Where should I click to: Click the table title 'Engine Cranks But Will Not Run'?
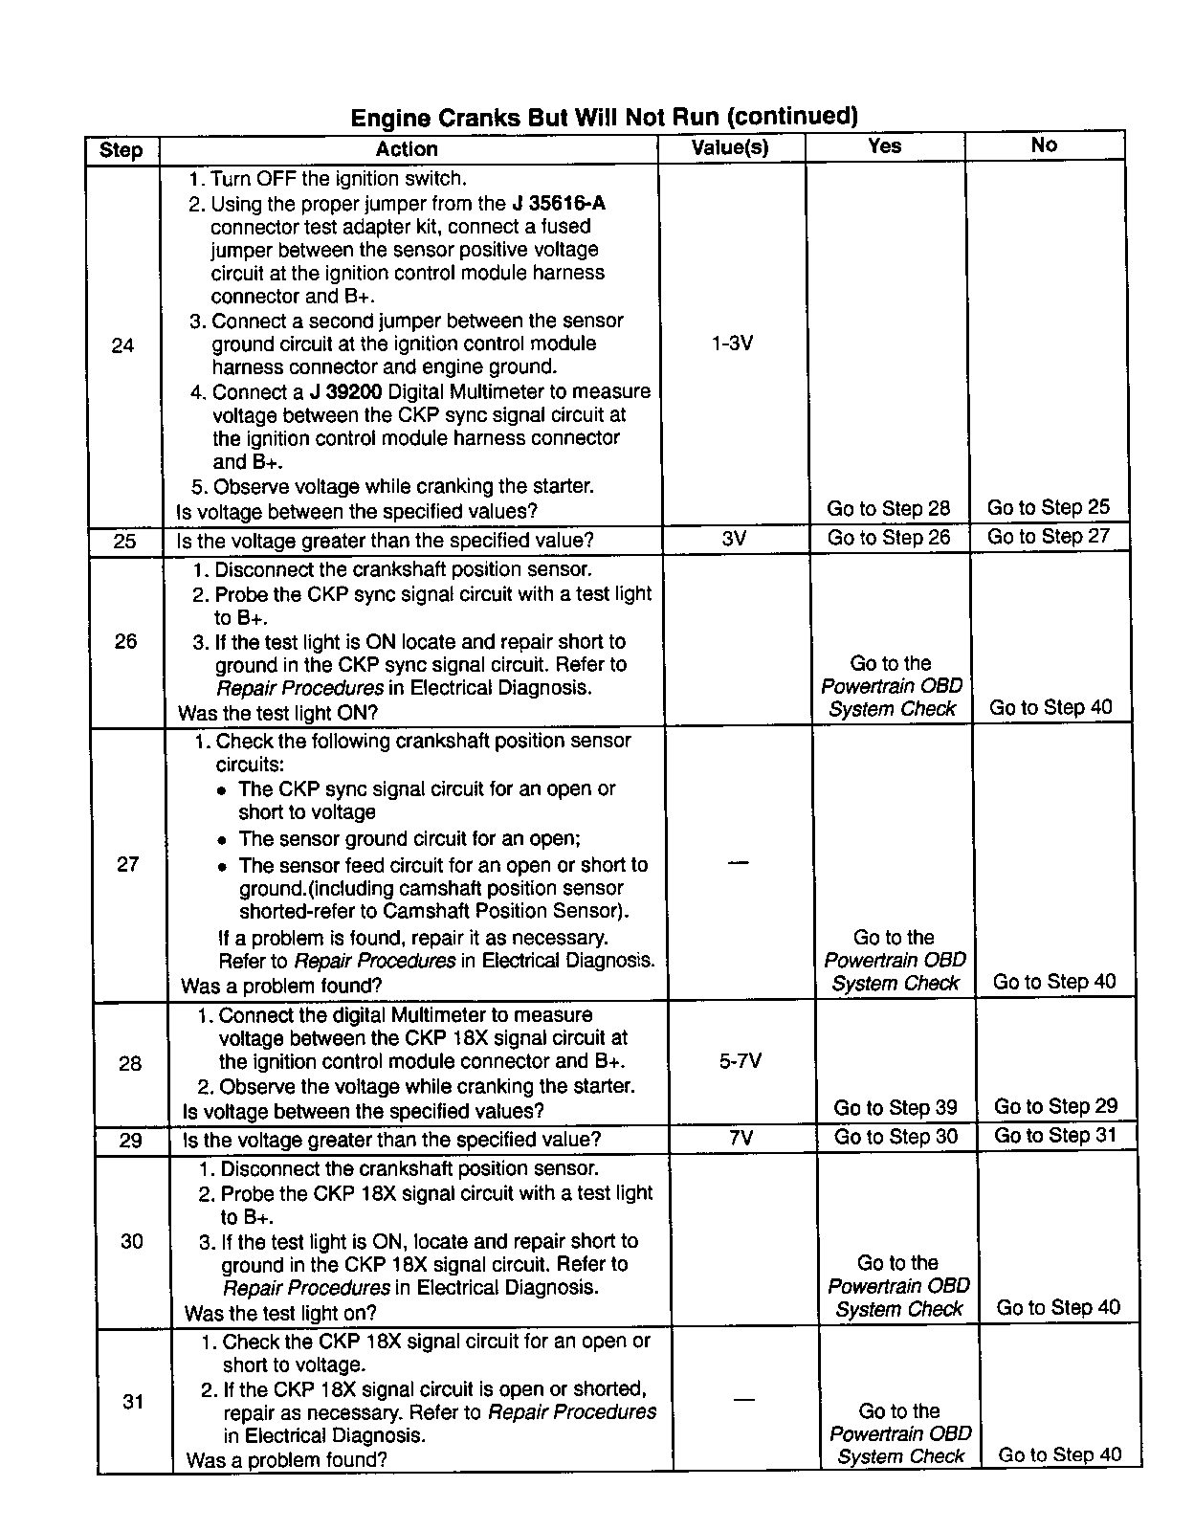[x=604, y=117]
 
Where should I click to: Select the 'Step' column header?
[x=121, y=150]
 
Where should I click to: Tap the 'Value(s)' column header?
[x=730, y=148]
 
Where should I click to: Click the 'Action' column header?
[x=407, y=149]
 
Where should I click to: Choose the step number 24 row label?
[x=122, y=345]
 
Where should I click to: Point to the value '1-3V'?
[x=732, y=343]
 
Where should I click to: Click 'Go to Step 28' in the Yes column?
[x=888, y=508]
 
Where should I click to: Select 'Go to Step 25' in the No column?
[x=1048, y=507]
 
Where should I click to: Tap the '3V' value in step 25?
[x=734, y=539]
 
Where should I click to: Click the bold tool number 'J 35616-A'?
[x=559, y=203]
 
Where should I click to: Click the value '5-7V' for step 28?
[x=740, y=1061]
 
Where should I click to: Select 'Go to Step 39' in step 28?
[x=895, y=1107]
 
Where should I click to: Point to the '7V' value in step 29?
[x=741, y=1138]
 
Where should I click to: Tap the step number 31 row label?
[x=133, y=1402]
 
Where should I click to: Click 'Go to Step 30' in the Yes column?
[x=895, y=1137]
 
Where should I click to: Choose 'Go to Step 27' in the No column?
[x=1048, y=536]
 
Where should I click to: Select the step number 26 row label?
[x=125, y=641]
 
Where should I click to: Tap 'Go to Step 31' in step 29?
[x=1055, y=1136]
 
